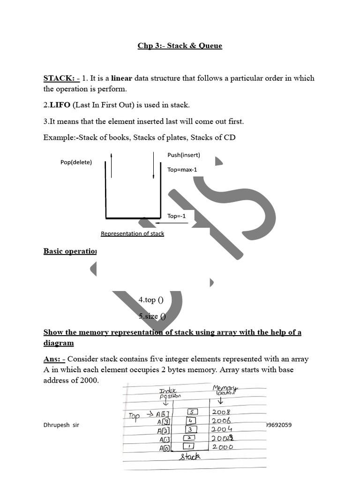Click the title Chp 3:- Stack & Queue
180,45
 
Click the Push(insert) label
183,155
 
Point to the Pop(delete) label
76,162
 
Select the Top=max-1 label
182,170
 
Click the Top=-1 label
176,216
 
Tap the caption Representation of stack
132,233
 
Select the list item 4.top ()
150,300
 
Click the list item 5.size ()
152,316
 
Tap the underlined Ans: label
54,359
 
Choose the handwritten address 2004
222,429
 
